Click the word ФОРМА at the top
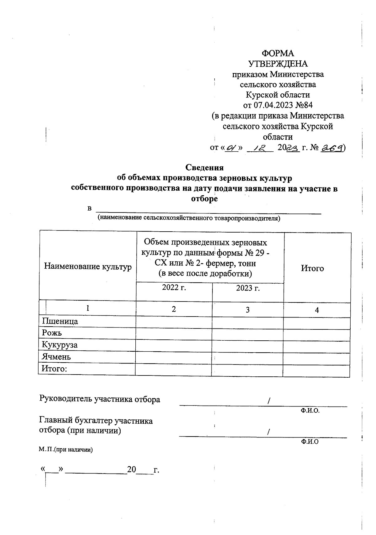[278, 53]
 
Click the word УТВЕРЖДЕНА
[278, 64]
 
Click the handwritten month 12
[260, 147]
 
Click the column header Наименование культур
[88, 267]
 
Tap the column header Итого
[312, 268]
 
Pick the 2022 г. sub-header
[174, 288]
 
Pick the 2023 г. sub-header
[248, 288]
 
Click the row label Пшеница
[60, 321]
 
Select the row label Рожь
[52, 333]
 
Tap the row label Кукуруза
[60, 345]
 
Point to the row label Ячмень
[56, 357]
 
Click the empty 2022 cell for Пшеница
[174, 322]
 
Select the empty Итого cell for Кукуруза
[316, 346]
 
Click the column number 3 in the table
[248, 310]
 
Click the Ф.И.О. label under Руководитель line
[310, 411]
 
